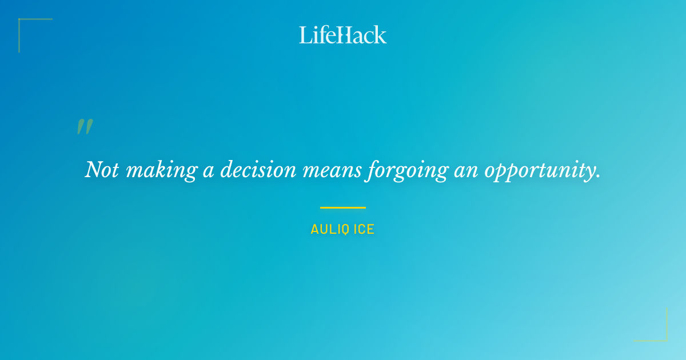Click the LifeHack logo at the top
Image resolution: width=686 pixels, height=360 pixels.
click(x=343, y=35)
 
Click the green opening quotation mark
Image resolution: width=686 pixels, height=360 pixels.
click(x=85, y=127)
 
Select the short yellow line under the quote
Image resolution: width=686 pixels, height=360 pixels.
click(x=342, y=207)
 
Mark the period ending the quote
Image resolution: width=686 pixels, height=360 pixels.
click(x=598, y=177)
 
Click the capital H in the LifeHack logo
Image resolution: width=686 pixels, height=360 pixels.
click(x=343, y=35)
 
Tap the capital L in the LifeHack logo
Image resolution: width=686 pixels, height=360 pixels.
click(x=305, y=35)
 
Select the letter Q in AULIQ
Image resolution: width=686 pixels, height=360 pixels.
click(x=345, y=230)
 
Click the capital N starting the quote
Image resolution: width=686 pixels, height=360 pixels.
click(x=93, y=170)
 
